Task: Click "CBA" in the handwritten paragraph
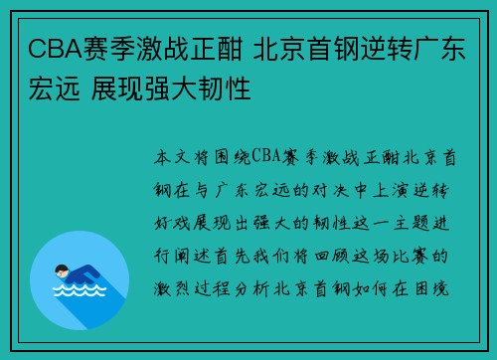click(270, 156)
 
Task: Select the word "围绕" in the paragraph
click(229, 156)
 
